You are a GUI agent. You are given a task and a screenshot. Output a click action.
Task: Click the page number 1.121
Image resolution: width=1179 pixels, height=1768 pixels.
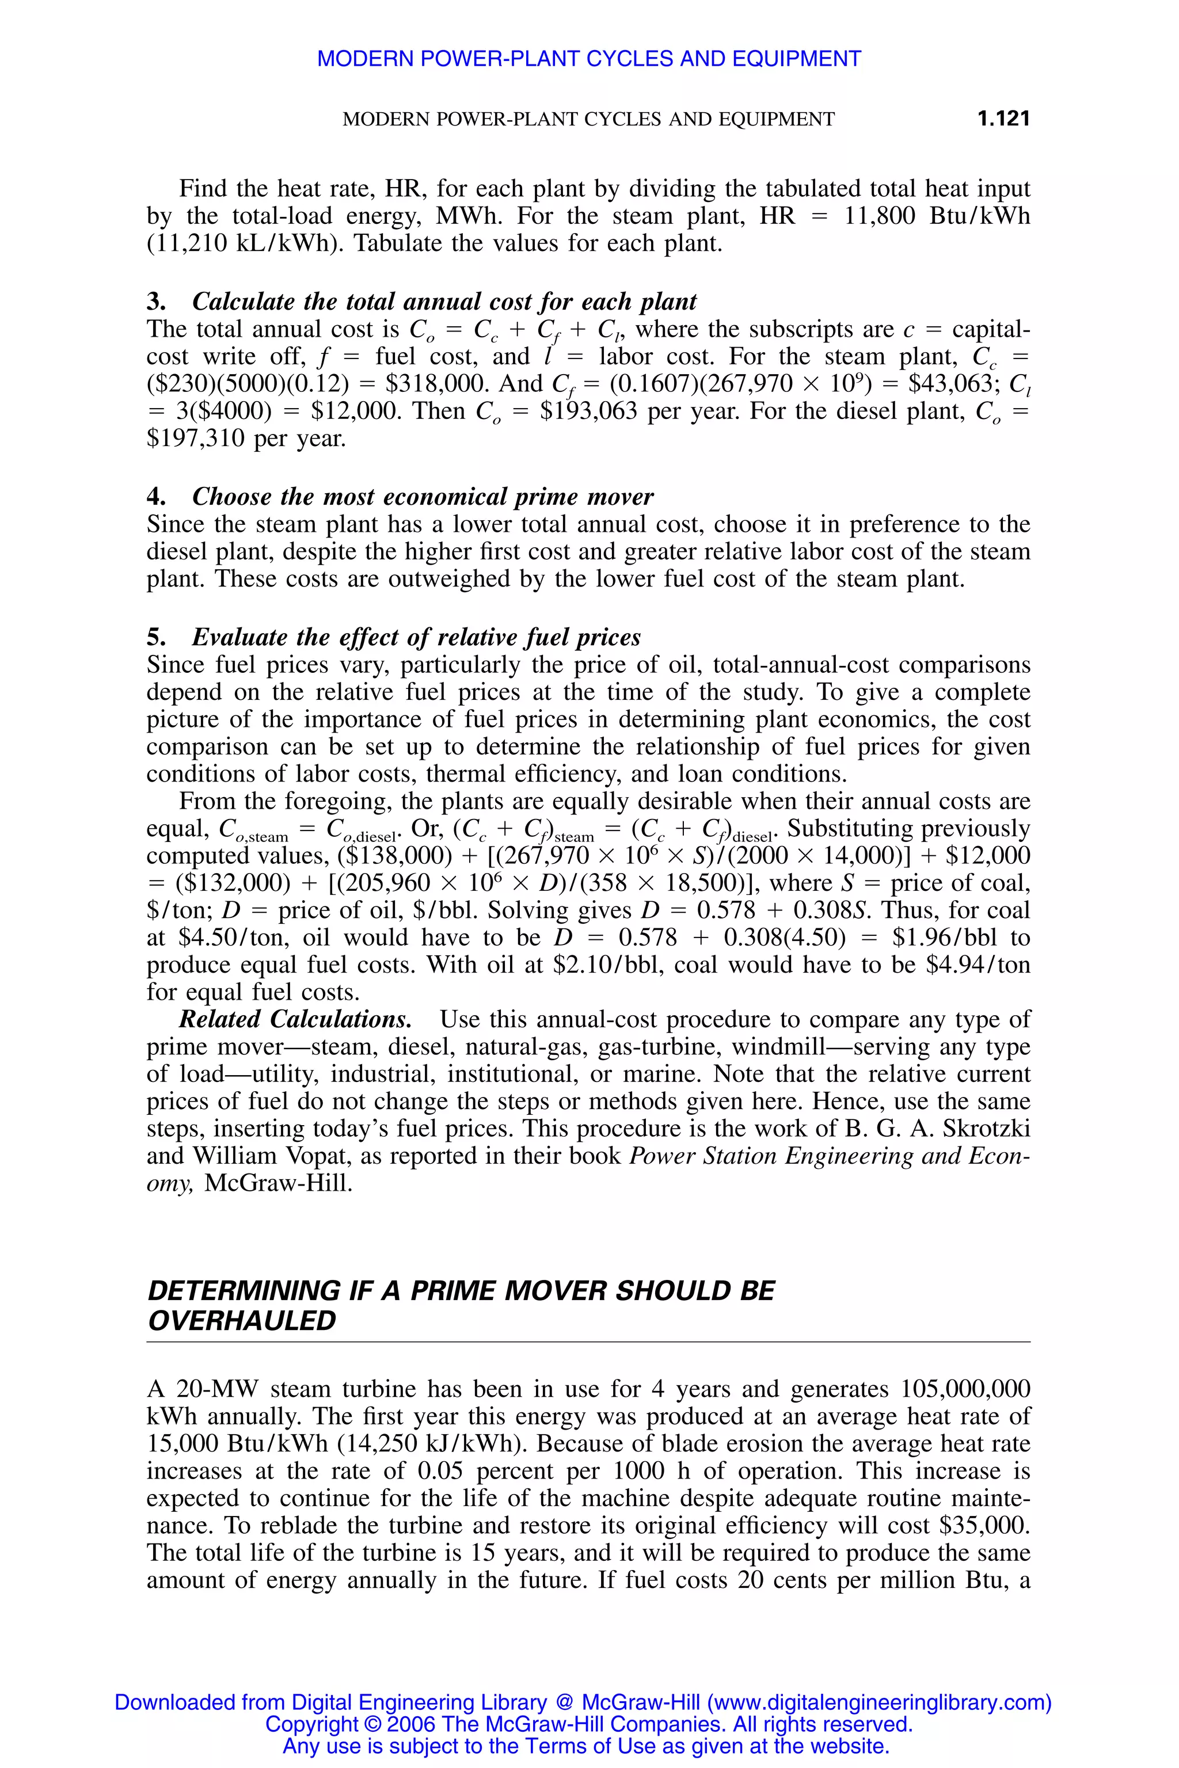coord(1003,119)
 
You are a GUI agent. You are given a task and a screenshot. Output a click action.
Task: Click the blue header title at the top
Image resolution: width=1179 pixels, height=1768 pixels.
coord(589,59)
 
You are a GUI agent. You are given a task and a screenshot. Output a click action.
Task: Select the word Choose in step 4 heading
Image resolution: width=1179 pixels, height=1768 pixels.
coord(233,497)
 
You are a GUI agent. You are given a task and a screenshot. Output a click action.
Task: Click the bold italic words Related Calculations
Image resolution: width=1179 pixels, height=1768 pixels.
coord(295,1020)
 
